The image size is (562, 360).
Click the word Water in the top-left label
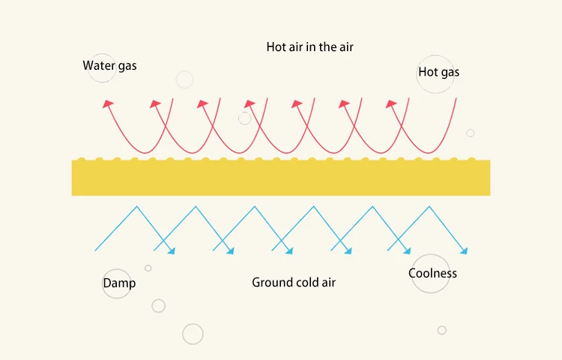coord(97,66)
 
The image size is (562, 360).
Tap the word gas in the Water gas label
coord(127,67)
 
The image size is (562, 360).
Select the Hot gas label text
coord(438,73)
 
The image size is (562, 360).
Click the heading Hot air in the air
coord(309,46)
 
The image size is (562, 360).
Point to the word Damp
coord(119,283)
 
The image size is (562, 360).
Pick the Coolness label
coord(432,273)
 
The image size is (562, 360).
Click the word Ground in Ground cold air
coord(271,283)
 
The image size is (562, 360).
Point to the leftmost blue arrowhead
coord(171,251)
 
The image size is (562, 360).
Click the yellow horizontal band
coord(281,178)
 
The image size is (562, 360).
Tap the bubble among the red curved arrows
coord(244,118)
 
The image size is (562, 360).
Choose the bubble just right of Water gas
coord(184,79)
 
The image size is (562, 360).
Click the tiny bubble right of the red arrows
coord(471,133)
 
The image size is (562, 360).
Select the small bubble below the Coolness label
coord(442,330)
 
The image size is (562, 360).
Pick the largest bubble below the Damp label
coord(193,334)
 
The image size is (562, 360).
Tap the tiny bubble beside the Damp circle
coord(148,268)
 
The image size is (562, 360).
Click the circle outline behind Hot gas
coord(435,73)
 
